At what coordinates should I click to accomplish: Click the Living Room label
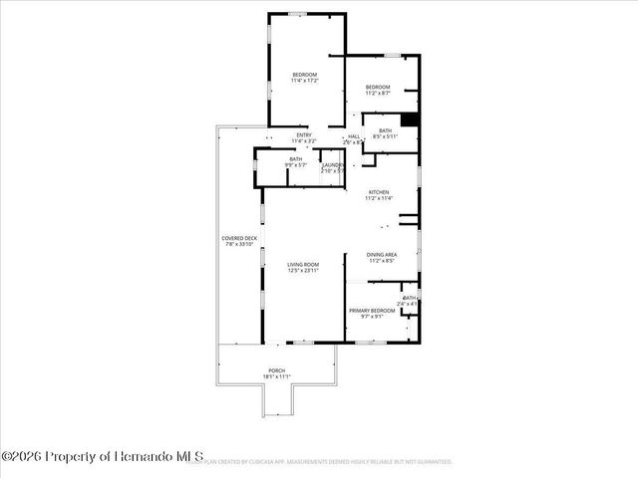pyautogui.click(x=303, y=264)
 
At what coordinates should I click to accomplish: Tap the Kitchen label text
pyautogui.click(x=379, y=191)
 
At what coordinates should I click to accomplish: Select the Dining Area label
pyautogui.click(x=382, y=254)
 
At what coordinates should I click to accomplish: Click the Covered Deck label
pyautogui.click(x=239, y=239)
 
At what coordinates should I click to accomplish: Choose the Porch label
pyautogui.click(x=276, y=370)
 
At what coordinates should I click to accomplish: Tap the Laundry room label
pyautogui.click(x=332, y=163)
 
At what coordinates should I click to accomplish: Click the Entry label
pyautogui.click(x=304, y=135)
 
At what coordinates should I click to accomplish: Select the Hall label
pyautogui.click(x=354, y=136)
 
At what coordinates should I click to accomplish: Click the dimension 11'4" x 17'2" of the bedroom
pyautogui.click(x=304, y=81)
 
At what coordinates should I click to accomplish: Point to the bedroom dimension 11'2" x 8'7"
pyautogui.click(x=378, y=93)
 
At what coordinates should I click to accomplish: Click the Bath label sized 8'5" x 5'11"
pyautogui.click(x=385, y=129)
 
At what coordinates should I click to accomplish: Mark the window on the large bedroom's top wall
pyautogui.click(x=297, y=13)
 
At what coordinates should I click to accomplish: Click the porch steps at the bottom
pyautogui.click(x=276, y=401)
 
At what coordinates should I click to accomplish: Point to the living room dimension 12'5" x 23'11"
pyautogui.click(x=303, y=271)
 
